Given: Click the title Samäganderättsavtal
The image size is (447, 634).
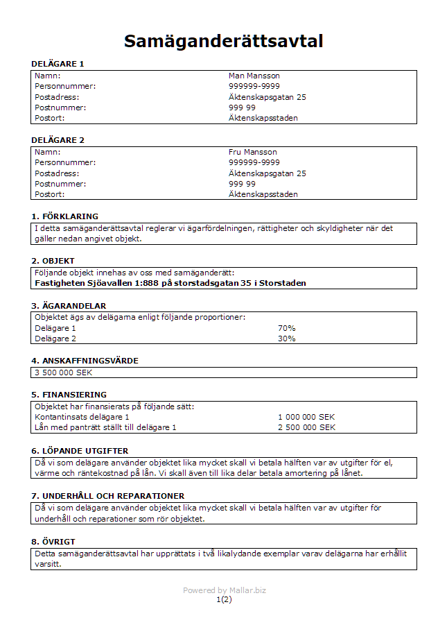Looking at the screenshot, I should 223,41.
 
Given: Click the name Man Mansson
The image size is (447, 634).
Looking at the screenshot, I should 254,76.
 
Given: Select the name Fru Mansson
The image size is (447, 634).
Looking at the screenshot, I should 252,152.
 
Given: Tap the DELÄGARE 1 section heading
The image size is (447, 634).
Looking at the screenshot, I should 58,64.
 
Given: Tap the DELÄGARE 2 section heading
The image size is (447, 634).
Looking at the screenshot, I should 58,140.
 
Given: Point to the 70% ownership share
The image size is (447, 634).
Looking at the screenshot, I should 286,328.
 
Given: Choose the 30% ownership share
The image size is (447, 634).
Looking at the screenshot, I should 286,339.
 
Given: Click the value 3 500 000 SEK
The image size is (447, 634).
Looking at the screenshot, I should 63,372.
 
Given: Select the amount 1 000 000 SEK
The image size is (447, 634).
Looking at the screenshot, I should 306,417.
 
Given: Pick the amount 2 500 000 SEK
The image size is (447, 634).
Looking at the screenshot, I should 306,427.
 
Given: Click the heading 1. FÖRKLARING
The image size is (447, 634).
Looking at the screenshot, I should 64,216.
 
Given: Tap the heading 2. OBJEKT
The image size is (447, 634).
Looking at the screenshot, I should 53,261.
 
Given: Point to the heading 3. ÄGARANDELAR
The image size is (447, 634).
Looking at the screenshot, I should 69,305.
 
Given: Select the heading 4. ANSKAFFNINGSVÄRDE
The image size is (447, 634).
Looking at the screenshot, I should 85,361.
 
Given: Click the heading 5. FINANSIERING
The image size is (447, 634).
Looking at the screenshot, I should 69,395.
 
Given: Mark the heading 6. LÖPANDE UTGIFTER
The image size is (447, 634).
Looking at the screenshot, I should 80,451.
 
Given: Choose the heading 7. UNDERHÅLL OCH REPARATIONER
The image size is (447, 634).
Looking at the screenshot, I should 107,496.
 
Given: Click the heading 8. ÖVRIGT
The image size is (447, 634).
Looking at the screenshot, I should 53,541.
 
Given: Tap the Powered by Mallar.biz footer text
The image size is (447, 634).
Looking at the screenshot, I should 224,590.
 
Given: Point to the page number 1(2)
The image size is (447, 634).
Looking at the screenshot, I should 224,599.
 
